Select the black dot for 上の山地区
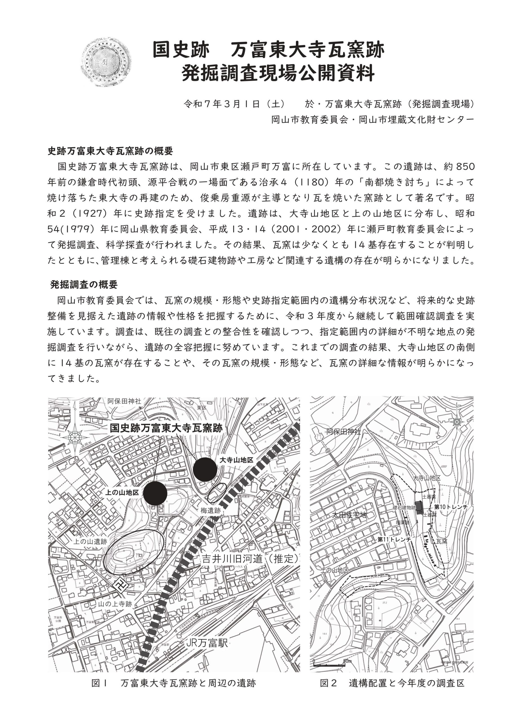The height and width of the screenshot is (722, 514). (155, 494)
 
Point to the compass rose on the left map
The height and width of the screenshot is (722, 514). (75, 437)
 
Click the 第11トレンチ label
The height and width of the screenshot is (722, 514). (394, 540)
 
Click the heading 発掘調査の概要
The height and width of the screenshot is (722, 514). (84, 285)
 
